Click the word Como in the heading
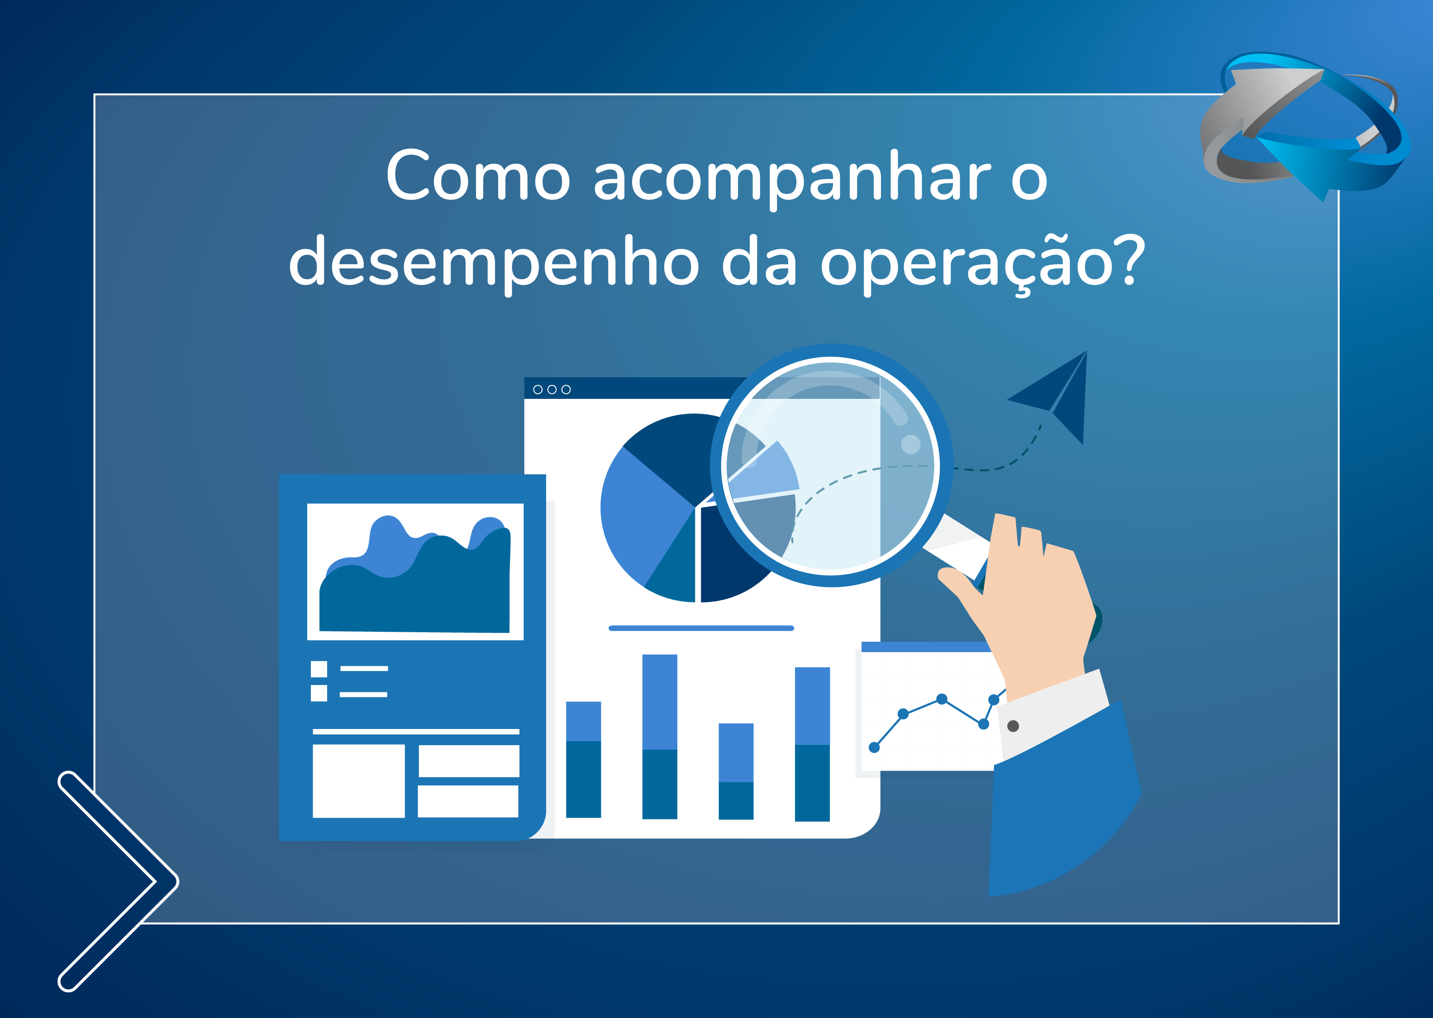coord(478,175)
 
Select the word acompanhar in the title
coord(791,179)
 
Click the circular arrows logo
coord(1304,125)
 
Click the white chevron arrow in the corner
coord(118,881)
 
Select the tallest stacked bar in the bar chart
coord(660,737)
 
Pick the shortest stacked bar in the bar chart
coord(736,772)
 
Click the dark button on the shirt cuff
coord(1013,726)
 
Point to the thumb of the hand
coord(960,592)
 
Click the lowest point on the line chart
coord(874,747)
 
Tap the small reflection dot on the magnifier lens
coord(910,445)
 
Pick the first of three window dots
coord(538,389)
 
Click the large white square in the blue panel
coord(359,781)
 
